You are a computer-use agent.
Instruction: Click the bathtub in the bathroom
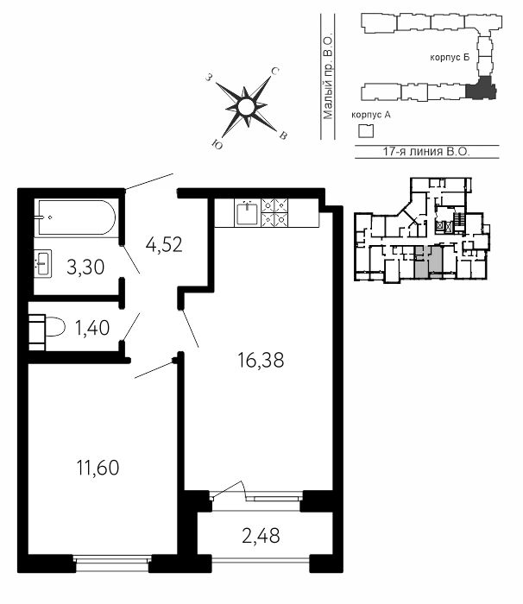[75, 217]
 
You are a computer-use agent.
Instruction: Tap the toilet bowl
[47, 326]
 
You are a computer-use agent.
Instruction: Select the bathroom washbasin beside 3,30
[43, 263]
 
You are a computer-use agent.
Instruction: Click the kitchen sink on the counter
[247, 213]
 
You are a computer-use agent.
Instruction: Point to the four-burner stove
[274, 212]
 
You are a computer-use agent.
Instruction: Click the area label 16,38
[261, 361]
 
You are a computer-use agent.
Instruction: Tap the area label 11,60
[98, 468]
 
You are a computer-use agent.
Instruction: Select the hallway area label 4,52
[164, 244]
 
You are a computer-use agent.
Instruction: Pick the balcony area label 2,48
[261, 536]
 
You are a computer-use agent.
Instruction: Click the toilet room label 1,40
[92, 328]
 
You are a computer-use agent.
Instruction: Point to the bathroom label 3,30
[85, 267]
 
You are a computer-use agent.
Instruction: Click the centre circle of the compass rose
[246, 106]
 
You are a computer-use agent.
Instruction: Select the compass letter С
[274, 71]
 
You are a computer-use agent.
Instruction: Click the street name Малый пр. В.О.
[328, 78]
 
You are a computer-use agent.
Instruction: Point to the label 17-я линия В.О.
[426, 151]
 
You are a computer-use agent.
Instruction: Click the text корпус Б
[450, 58]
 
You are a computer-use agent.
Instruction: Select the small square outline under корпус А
[366, 131]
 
